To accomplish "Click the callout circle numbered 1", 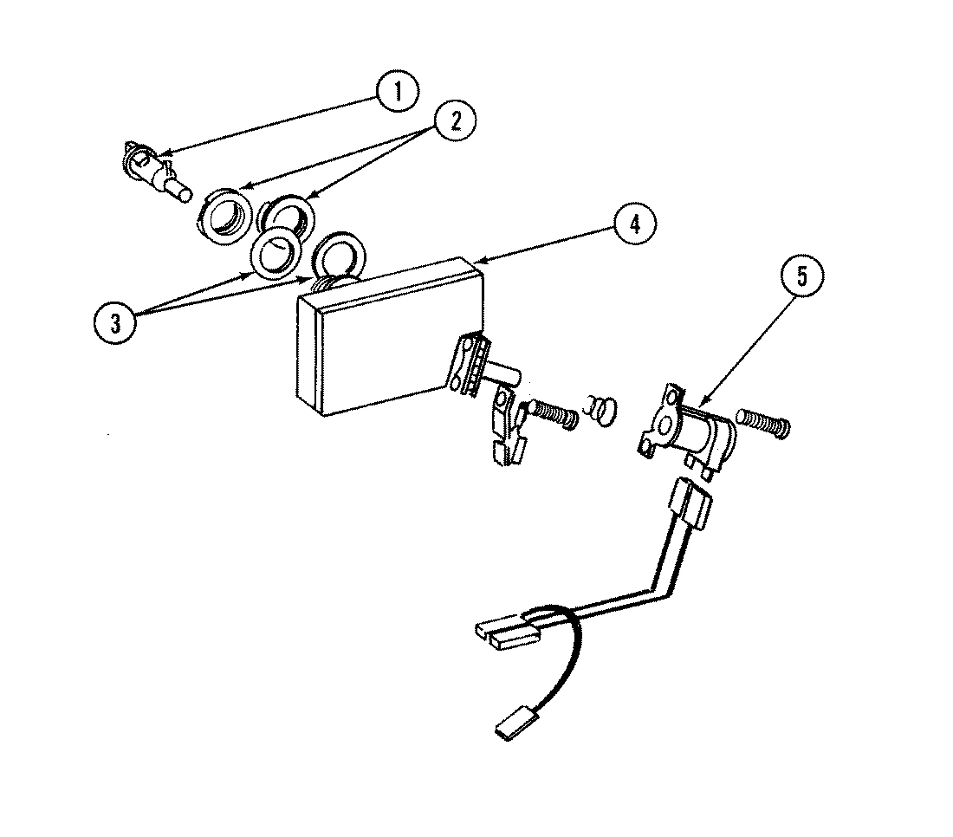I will pos(397,93).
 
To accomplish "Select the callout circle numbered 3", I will pos(114,322).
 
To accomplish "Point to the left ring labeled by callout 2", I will pos(227,215).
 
